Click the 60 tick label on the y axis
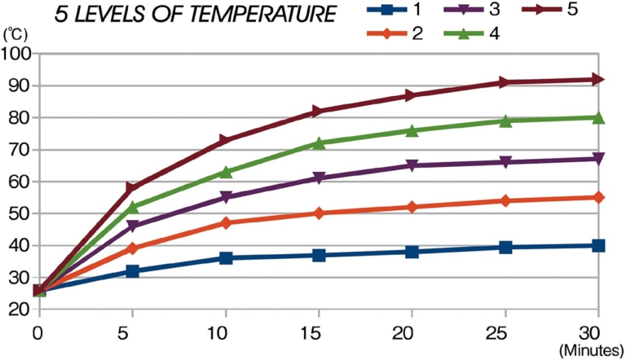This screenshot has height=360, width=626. click(x=18, y=182)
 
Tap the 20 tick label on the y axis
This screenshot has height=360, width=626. click(x=18, y=310)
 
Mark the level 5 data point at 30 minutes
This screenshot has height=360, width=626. click(x=598, y=79)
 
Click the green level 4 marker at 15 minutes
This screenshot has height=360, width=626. click(x=319, y=143)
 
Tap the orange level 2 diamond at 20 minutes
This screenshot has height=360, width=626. click(x=412, y=207)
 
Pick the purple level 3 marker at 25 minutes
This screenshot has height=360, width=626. click(x=505, y=162)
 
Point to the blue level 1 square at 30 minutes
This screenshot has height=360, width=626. click(x=598, y=245)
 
